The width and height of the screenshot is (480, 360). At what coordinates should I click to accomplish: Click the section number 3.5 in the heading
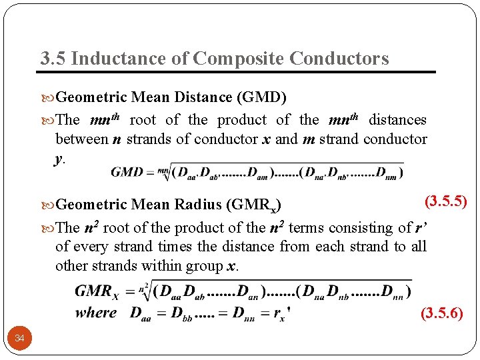click(x=52, y=59)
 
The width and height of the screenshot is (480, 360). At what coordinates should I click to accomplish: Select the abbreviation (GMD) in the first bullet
click(x=261, y=97)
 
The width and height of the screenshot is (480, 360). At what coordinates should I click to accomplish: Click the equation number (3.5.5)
click(x=446, y=200)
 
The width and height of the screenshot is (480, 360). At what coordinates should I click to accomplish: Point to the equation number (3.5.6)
click(x=441, y=313)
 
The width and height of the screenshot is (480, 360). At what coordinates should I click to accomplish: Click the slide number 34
click(x=20, y=339)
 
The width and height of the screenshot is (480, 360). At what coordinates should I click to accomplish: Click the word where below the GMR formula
click(x=96, y=312)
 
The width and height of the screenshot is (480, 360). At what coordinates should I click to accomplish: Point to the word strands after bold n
click(x=148, y=139)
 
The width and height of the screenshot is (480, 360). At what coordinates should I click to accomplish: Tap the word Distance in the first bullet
click(x=202, y=97)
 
